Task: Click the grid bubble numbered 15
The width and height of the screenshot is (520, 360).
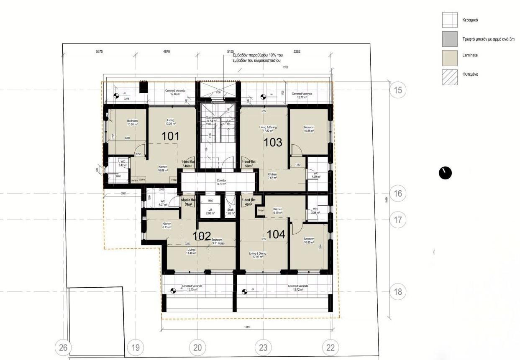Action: coord(398,89)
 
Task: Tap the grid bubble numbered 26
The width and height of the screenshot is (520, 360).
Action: coord(63,347)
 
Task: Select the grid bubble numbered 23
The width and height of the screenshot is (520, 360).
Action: coord(263,347)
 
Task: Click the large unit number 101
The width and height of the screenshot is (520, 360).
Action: coord(170,136)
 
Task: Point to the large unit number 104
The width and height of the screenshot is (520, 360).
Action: coord(276,235)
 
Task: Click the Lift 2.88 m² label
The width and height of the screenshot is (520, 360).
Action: coord(210,212)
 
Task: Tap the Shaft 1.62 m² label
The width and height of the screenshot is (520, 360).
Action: coord(231,212)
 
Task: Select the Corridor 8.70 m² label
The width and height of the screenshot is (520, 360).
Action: coord(221,182)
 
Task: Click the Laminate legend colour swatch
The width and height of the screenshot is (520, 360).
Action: coord(449,58)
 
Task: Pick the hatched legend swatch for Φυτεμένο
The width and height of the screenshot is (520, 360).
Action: coord(449,77)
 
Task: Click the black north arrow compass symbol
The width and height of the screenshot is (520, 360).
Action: coord(445,173)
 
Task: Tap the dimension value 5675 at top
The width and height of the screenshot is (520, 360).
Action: coord(99,51)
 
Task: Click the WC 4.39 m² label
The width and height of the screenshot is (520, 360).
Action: coord(316,175)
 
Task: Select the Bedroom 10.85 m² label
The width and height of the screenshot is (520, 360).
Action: coord(309,129)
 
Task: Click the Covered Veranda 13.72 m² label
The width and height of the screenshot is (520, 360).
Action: coord(298,288)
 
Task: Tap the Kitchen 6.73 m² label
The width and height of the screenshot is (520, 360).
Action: coord(167,226)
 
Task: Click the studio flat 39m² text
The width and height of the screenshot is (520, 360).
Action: coord(189,202)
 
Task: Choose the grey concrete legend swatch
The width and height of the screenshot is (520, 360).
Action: coord(449,38)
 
